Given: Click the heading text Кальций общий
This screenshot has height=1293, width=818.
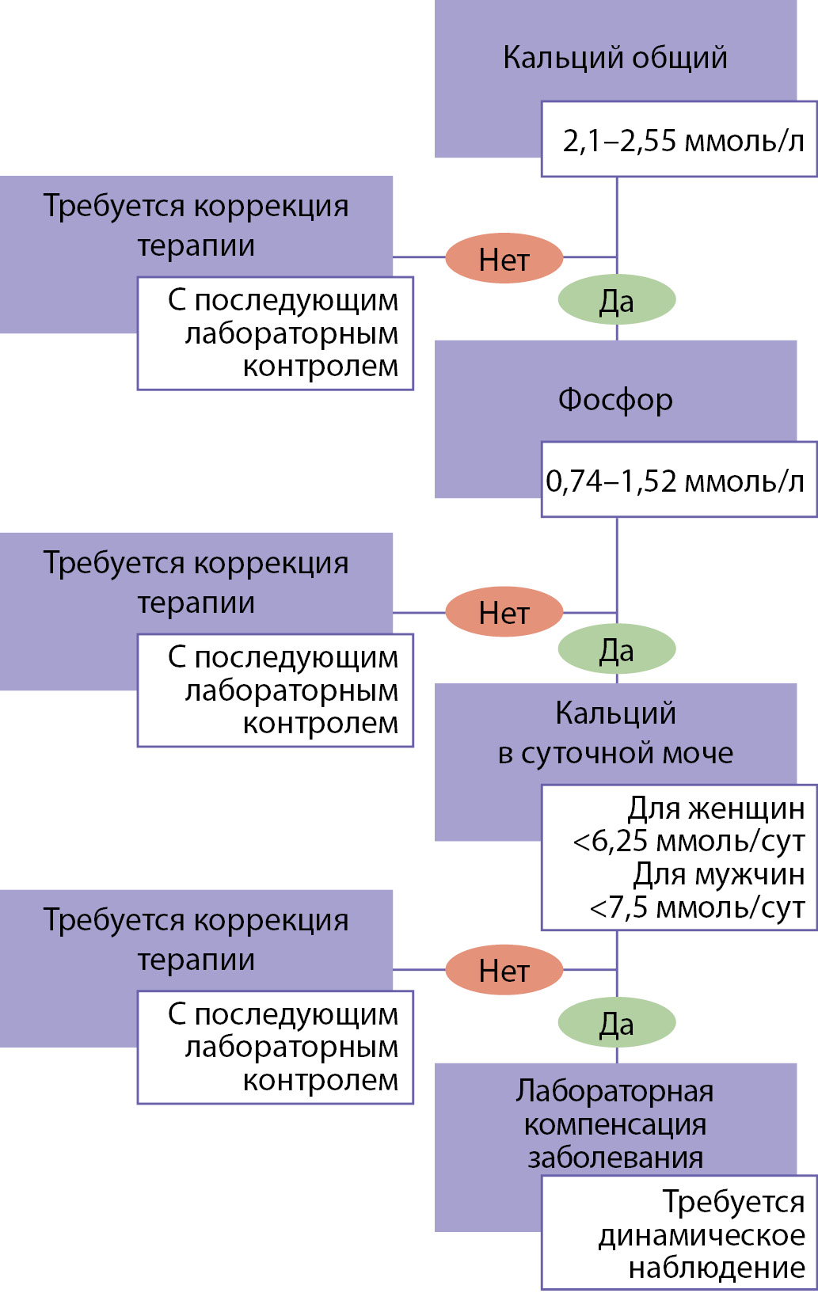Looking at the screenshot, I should point(614,58).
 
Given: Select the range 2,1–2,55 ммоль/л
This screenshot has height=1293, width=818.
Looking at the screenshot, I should point(683,141).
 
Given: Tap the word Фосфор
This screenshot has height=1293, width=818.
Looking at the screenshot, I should point(615,400).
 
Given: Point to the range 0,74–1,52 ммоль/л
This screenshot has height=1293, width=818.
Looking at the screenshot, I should point(675,481).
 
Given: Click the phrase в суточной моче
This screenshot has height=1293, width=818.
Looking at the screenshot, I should point(615,753).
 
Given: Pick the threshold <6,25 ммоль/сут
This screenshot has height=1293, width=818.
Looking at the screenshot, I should point(688,841).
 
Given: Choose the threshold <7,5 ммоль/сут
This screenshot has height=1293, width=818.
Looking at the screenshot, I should point(697,907).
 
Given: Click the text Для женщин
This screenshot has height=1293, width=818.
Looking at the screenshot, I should point(716,808).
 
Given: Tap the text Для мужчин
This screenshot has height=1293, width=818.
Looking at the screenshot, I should point(718,874).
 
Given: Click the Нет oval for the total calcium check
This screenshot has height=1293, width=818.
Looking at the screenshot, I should point(504,258).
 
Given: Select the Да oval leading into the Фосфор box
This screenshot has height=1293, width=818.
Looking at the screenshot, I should point(617,301).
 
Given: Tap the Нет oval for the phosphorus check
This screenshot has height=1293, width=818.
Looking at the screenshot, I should point(504,613).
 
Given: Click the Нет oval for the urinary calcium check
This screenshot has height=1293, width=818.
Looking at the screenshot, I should point(504,971).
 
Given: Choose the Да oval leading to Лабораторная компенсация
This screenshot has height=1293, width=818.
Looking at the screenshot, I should point(617,1024).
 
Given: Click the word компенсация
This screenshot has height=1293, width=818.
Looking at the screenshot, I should point(615,1124).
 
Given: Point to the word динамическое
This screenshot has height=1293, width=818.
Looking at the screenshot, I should point(702,1235).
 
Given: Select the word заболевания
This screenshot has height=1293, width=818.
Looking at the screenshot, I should point(615,1158).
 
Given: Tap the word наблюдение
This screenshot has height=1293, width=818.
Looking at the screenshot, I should point(717,1268).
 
